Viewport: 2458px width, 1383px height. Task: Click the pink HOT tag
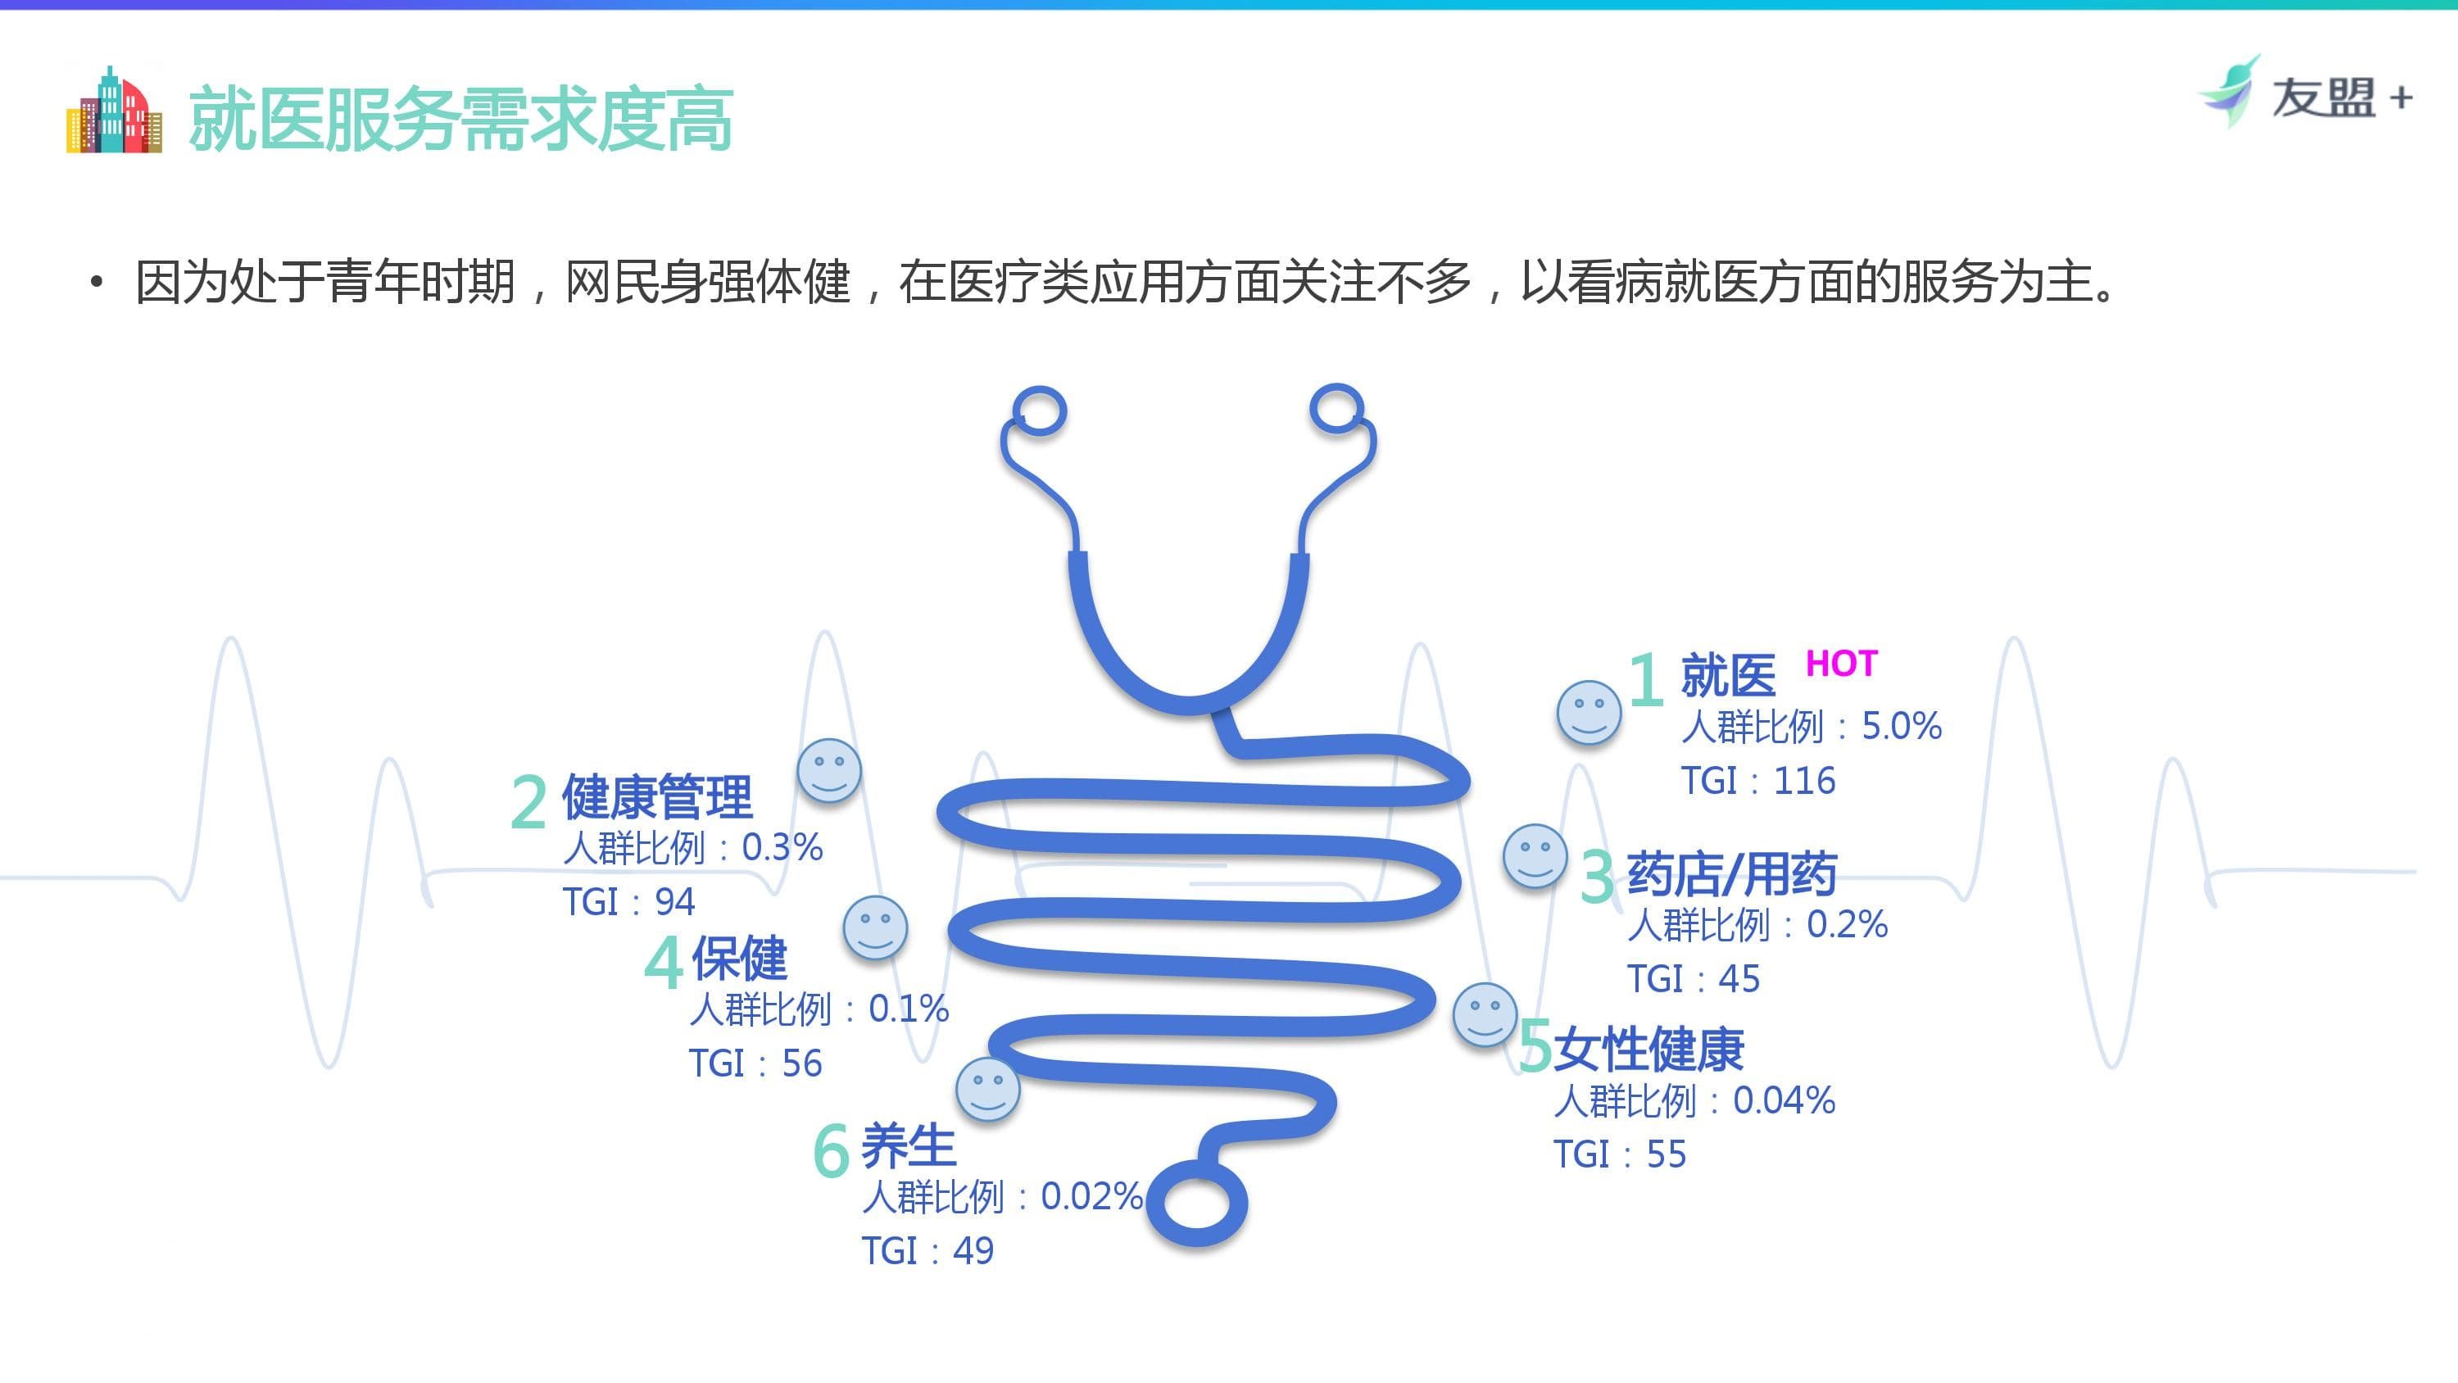(x=1841, y=664)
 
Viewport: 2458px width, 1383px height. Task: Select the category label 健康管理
(x=656, y=797)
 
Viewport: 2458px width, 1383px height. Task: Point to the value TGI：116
(x=1757, y=781)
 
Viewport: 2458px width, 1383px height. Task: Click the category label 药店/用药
(x=1731, y=874)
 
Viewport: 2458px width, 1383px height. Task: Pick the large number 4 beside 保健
(x=663, y=961)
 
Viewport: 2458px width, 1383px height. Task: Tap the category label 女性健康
(x=1648, y=1049)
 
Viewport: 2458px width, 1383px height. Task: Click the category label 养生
(x=908, y=1145)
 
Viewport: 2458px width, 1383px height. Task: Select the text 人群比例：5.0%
(x=1810, y=727)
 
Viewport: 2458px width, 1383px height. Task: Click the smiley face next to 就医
(x=1589, y=712)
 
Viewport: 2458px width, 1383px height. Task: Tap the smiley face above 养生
(x=987, y=1089)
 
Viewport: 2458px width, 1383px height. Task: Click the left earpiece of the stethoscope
(x=1039, y=411)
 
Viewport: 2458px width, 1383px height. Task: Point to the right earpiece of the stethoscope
(x=1337, y=410)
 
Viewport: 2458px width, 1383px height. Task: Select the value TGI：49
(x=927, y=1250)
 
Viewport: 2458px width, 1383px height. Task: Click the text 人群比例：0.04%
(x=1694, y=1100)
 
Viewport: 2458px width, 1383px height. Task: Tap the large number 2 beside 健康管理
(x=528, y=802)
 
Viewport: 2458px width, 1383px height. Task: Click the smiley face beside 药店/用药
(x=1535, y=855)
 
